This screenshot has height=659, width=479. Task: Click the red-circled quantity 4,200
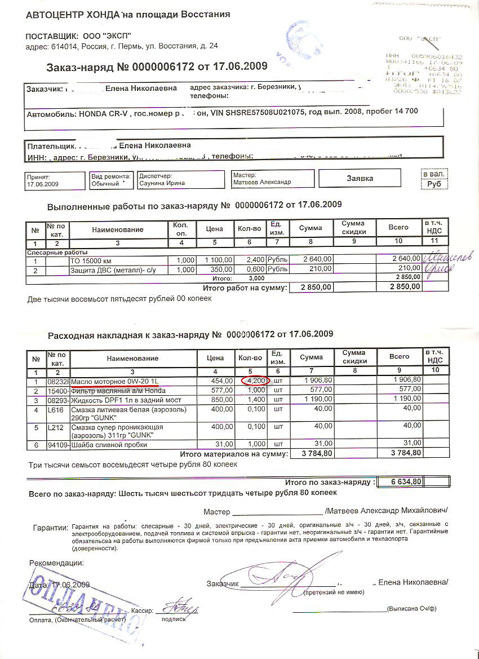pyautogui.click(x=255, y=381)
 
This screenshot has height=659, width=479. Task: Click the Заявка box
pyautogui.click(x=360, y=178)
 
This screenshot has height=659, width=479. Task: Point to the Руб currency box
pyautogui.click(x=434, y=184)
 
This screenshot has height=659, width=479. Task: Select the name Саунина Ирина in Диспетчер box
pyautogui.click(x=162, y=183)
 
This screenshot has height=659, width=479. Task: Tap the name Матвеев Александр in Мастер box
pyautogui.click(x=262, y=183)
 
